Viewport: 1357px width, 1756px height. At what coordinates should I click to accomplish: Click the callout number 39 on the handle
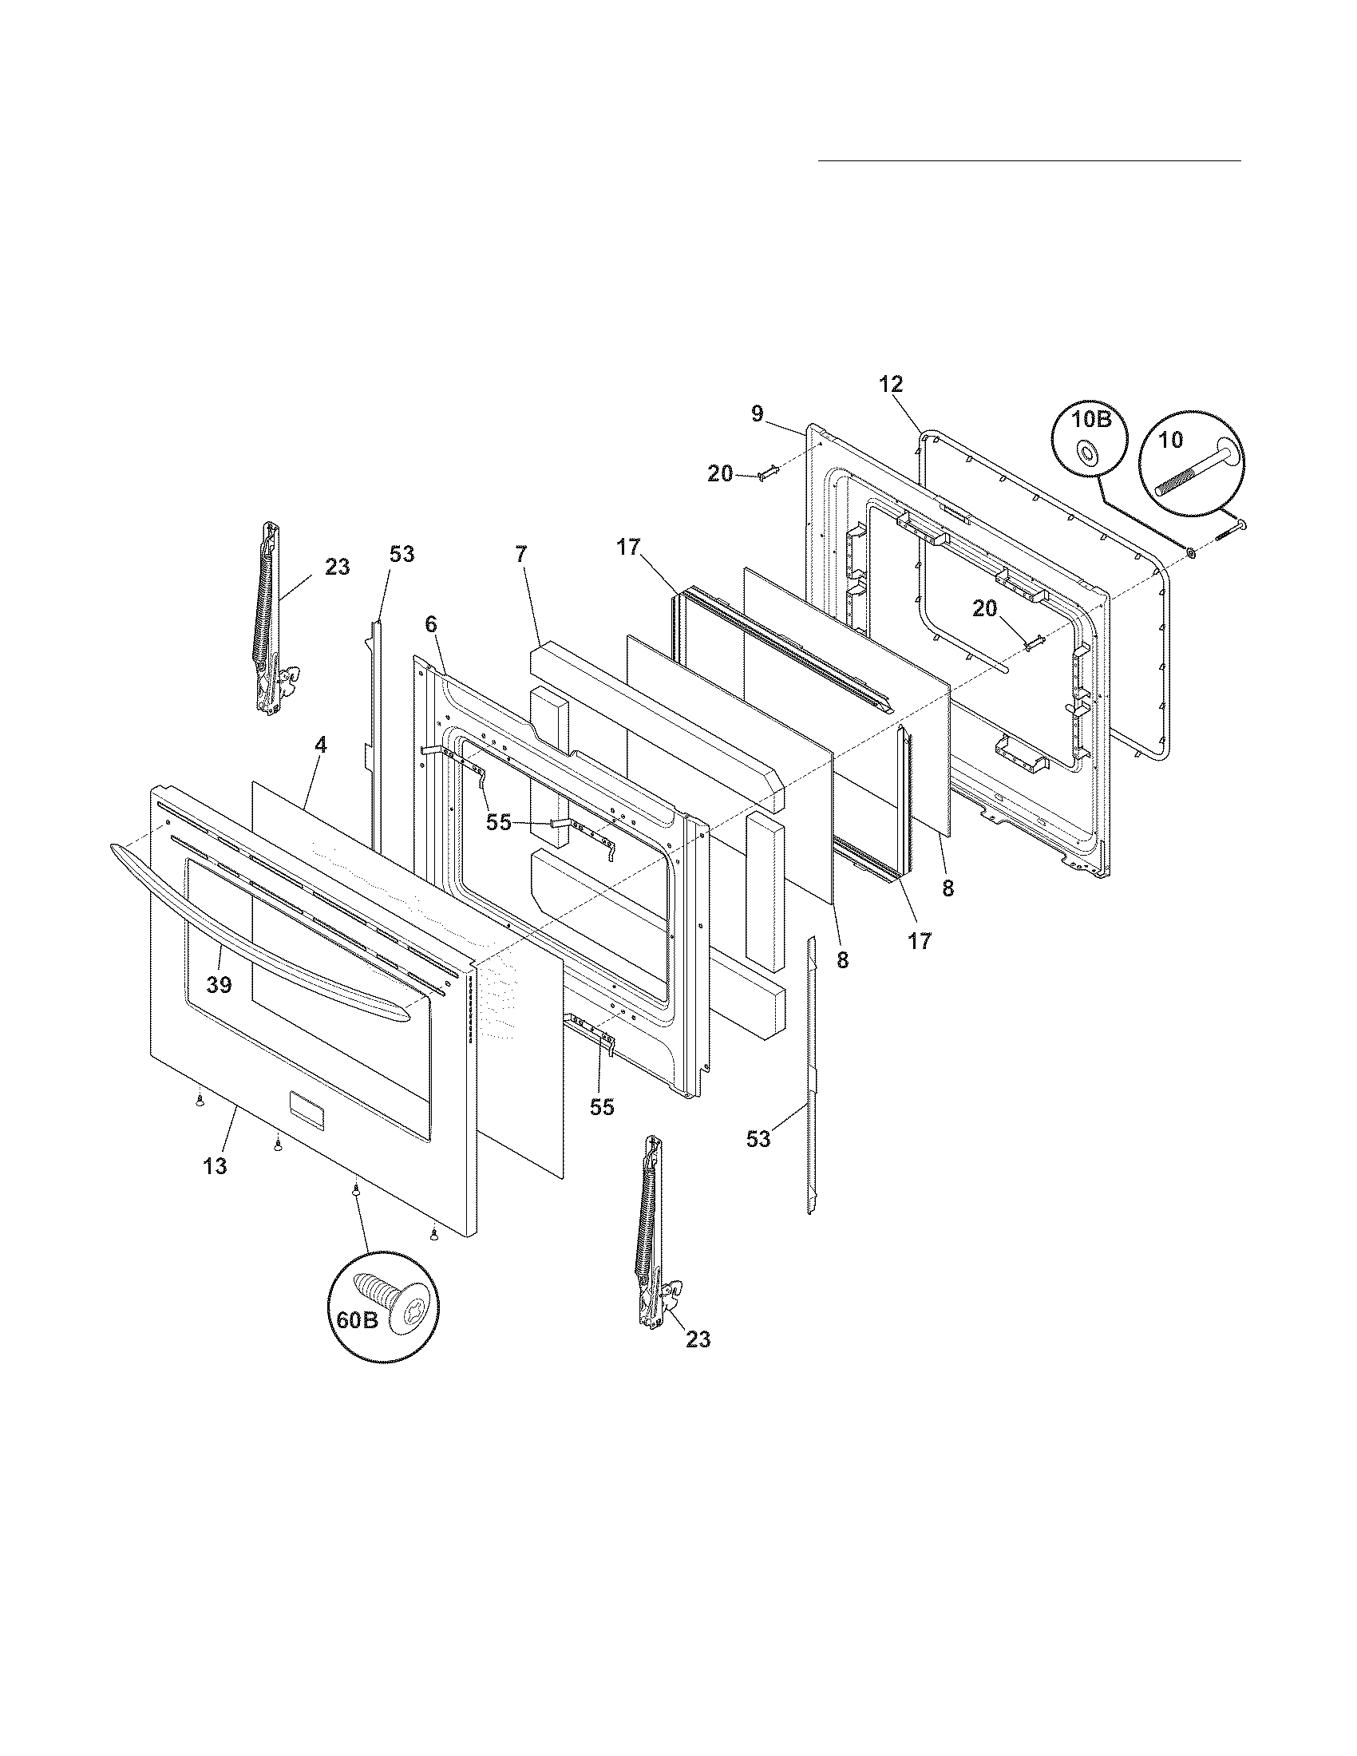[219, 984]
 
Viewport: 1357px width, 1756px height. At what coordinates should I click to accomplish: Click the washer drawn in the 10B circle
[1088, 455]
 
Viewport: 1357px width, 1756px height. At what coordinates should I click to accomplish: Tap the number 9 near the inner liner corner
[757, 413]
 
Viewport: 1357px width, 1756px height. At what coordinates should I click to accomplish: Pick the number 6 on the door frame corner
[431, 623]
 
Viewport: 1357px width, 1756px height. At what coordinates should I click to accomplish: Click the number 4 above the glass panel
[321, 745]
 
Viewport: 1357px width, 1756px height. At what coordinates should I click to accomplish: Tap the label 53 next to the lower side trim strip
[758, 1138]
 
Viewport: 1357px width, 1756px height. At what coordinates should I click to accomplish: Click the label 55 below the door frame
[601, 1107]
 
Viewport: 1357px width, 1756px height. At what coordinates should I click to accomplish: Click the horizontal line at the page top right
[1029, 161]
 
